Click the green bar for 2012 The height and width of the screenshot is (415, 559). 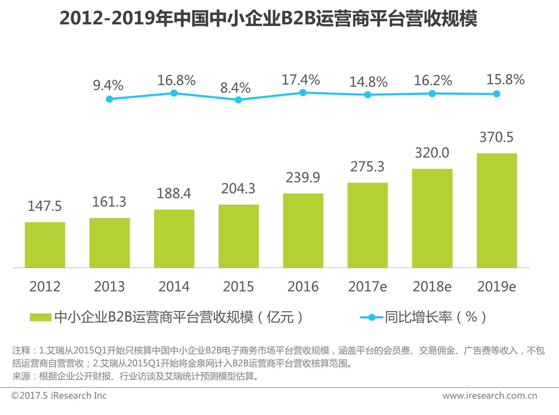(x=45, y=245)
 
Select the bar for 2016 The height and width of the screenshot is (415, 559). (x=303, y=230)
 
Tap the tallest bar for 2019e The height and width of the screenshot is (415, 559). (x=497, y=210)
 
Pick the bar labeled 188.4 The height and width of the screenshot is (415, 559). (x=174, y=238)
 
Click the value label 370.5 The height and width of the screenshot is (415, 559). (x=496, y=137)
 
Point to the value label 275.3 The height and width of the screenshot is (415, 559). (x=367, y=167)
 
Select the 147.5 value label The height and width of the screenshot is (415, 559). (x=45, y=206)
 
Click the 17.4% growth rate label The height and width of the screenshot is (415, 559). (x=301, y=80)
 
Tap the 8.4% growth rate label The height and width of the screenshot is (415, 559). (x=236, y=88)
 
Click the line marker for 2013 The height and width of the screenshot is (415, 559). (x=109, y=99)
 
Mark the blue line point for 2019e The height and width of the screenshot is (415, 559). (x=496, y=94)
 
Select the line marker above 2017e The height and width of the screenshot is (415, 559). (x=368, y=95)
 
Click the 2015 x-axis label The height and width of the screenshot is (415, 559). (x=238, y=286)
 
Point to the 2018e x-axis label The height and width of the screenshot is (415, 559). (x=432, y=286)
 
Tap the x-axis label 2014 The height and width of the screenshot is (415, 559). (x=174, y=286)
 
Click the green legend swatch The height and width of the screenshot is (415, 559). (x=40, y=317)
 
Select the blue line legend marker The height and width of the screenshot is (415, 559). (x=372, y=317)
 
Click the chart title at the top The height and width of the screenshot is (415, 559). (x=268, y=19)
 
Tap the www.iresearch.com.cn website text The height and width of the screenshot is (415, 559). (x=490, y=395)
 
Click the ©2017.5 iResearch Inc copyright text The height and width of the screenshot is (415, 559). (x=59, y=395)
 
